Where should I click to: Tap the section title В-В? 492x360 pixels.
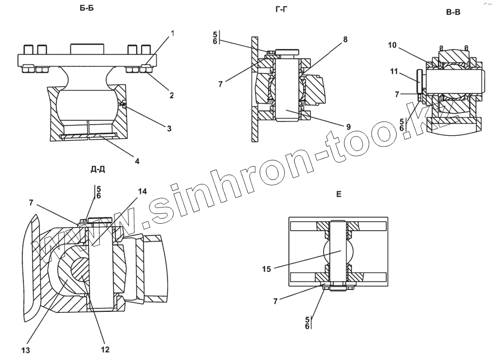453,13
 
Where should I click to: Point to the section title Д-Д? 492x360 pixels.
97,169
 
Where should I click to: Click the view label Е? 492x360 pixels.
338,195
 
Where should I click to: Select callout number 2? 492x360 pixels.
172,95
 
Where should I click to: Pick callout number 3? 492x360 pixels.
169,129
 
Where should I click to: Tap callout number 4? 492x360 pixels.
137,161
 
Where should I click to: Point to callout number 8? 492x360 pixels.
345,39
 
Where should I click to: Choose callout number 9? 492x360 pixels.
348,126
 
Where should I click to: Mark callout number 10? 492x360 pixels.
392,45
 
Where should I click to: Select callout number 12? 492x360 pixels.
105,350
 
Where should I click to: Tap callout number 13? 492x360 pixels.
26,350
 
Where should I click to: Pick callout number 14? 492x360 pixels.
143,192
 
